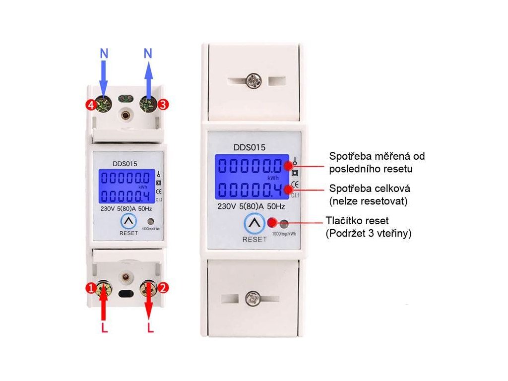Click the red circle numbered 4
click(90, 105)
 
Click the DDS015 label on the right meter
click(250, 147)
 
